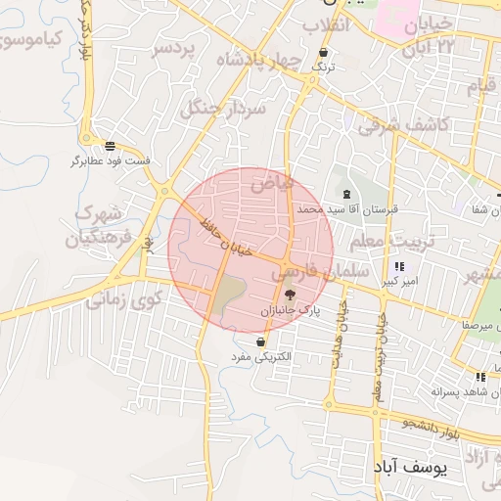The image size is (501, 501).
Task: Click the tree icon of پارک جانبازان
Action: pyautogui.click(x=289, y=294)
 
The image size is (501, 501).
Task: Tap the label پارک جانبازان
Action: pyautogui.click(x=289, y=310)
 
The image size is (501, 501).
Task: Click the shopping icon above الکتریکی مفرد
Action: pyautogui.click(x=261, y=342)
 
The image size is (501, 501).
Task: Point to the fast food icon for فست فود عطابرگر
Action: pyautogui.click(x=109, y=145)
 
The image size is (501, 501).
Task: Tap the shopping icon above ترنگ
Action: pyautogui.click(x=323, y=53)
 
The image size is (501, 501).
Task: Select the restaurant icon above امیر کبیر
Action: pyautogui.click(x=398, y=266)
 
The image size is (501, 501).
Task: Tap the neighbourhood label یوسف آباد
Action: pyautogui.click(x=410, y=469)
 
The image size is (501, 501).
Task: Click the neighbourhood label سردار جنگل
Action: pyautogui.click(x=223, y=112)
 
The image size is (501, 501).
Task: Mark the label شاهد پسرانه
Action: pyautogui.click(x=459, y=390)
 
